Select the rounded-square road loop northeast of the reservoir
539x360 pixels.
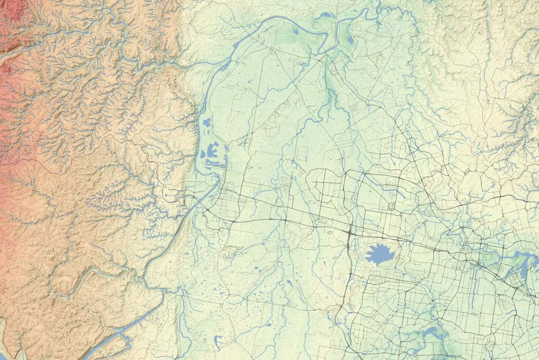coord(392,207)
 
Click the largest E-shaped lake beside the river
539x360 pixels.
coord(213,151)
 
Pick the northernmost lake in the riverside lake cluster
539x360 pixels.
coord(206,123)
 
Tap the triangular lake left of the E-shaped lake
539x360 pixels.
coord(203,154)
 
